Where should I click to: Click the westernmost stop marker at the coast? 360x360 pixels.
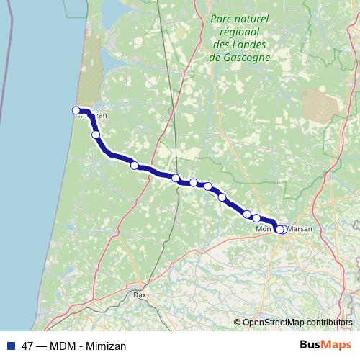76,110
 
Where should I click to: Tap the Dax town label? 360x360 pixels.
140,294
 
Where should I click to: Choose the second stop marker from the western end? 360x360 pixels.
96,135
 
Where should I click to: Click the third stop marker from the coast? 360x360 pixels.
134,165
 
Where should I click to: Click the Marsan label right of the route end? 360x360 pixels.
300,229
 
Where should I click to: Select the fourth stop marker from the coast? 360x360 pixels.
176,178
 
